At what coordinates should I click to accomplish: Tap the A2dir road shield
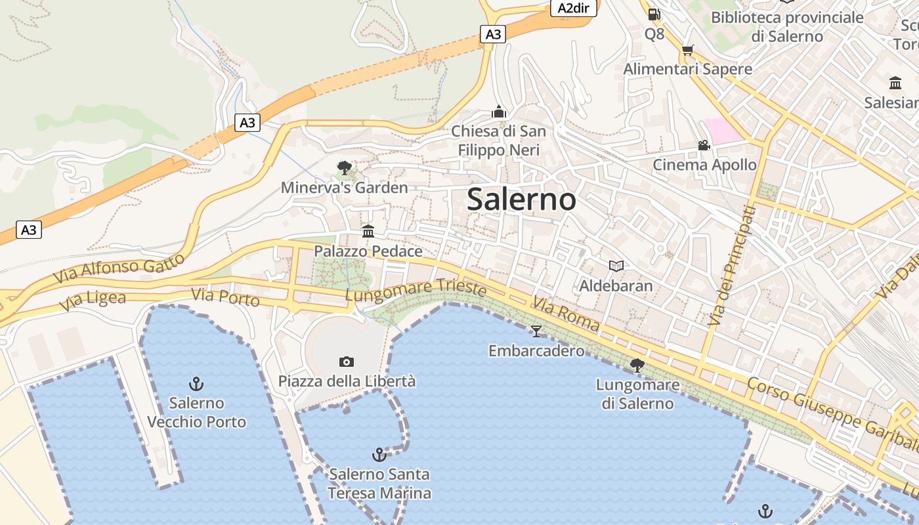(x=573, y=8)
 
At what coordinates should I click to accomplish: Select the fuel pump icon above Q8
(x=654, y=14)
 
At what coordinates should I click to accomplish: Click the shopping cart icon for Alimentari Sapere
(x=687, y=50)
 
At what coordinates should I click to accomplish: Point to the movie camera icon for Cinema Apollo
(x=704, y=145)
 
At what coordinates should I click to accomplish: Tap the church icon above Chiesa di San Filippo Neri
(x=499, y=112)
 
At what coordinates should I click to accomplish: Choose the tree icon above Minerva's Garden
(x=344, y=168)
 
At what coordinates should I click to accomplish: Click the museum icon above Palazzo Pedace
(x=368, y=231)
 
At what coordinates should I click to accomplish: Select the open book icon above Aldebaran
(x=616, y=266)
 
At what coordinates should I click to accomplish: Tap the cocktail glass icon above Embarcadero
(x=536, y=331)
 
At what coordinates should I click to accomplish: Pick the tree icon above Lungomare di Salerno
(x=637, y=365)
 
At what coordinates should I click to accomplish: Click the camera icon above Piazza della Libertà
(x=347, y=362)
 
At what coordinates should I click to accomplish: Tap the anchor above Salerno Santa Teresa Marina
(x=379, y=454)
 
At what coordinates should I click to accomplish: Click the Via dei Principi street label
(x=732, y=266)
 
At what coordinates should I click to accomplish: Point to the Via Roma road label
(x=566, y=314)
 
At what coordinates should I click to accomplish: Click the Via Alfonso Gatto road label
(x=119, y=268)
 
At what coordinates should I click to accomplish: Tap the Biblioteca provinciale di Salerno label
(x=787, y=26)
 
